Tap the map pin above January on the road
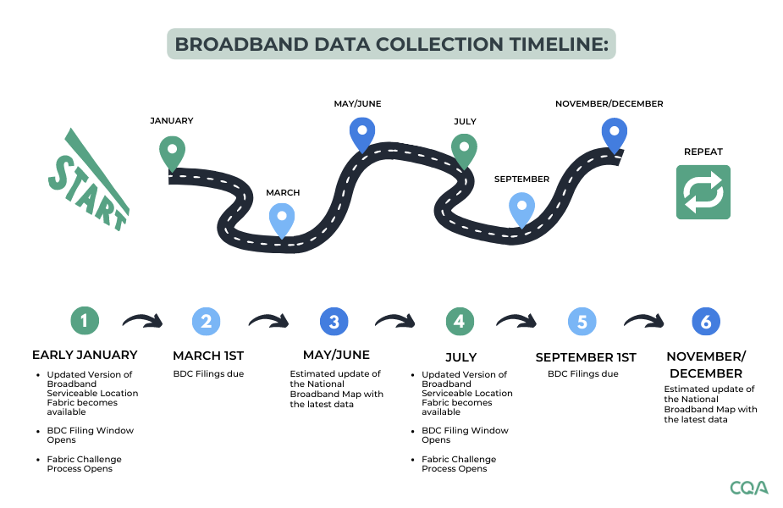pos(172,152)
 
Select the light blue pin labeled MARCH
pos(283,218)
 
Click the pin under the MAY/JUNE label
pos(362,133)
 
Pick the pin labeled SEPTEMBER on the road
pos(521,209)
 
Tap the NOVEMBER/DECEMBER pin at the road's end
pos(615,134)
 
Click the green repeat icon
pos(703,192)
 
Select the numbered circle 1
pos(84,321)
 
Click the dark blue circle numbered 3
pos(334,322)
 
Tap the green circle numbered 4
pos(459,321)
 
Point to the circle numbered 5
pos(582,322)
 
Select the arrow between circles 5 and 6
pos(644,321)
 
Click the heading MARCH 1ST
pos(208,356)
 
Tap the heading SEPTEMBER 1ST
pos(585,357)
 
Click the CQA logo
pos(748,488)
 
